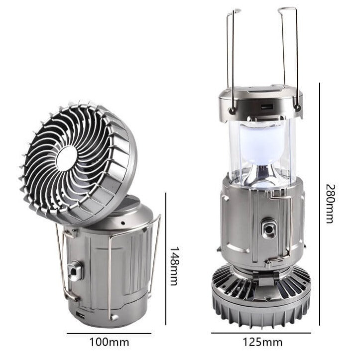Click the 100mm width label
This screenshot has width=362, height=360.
pyautogui.click(x=109, y=342)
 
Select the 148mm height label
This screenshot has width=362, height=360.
pyautogui.click(x=174, y=266)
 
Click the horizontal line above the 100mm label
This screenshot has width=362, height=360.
pyautogui.click(x=109, y=334)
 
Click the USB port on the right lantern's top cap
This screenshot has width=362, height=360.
pyautogui.click(x=267, y=107)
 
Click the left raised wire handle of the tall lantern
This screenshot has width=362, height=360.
pyautogui.click(x=231, y=55)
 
